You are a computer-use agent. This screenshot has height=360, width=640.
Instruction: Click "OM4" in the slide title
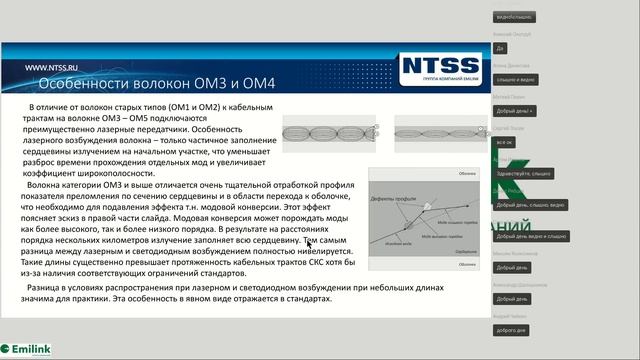click(254, 83)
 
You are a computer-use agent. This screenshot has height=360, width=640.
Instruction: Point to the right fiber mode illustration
click(436, 129)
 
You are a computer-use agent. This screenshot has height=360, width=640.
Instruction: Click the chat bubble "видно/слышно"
click(514, 17)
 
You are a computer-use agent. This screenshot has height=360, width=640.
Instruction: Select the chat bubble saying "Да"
click(500, 48)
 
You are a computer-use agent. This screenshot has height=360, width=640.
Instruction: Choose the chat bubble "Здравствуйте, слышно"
click(522, 173)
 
